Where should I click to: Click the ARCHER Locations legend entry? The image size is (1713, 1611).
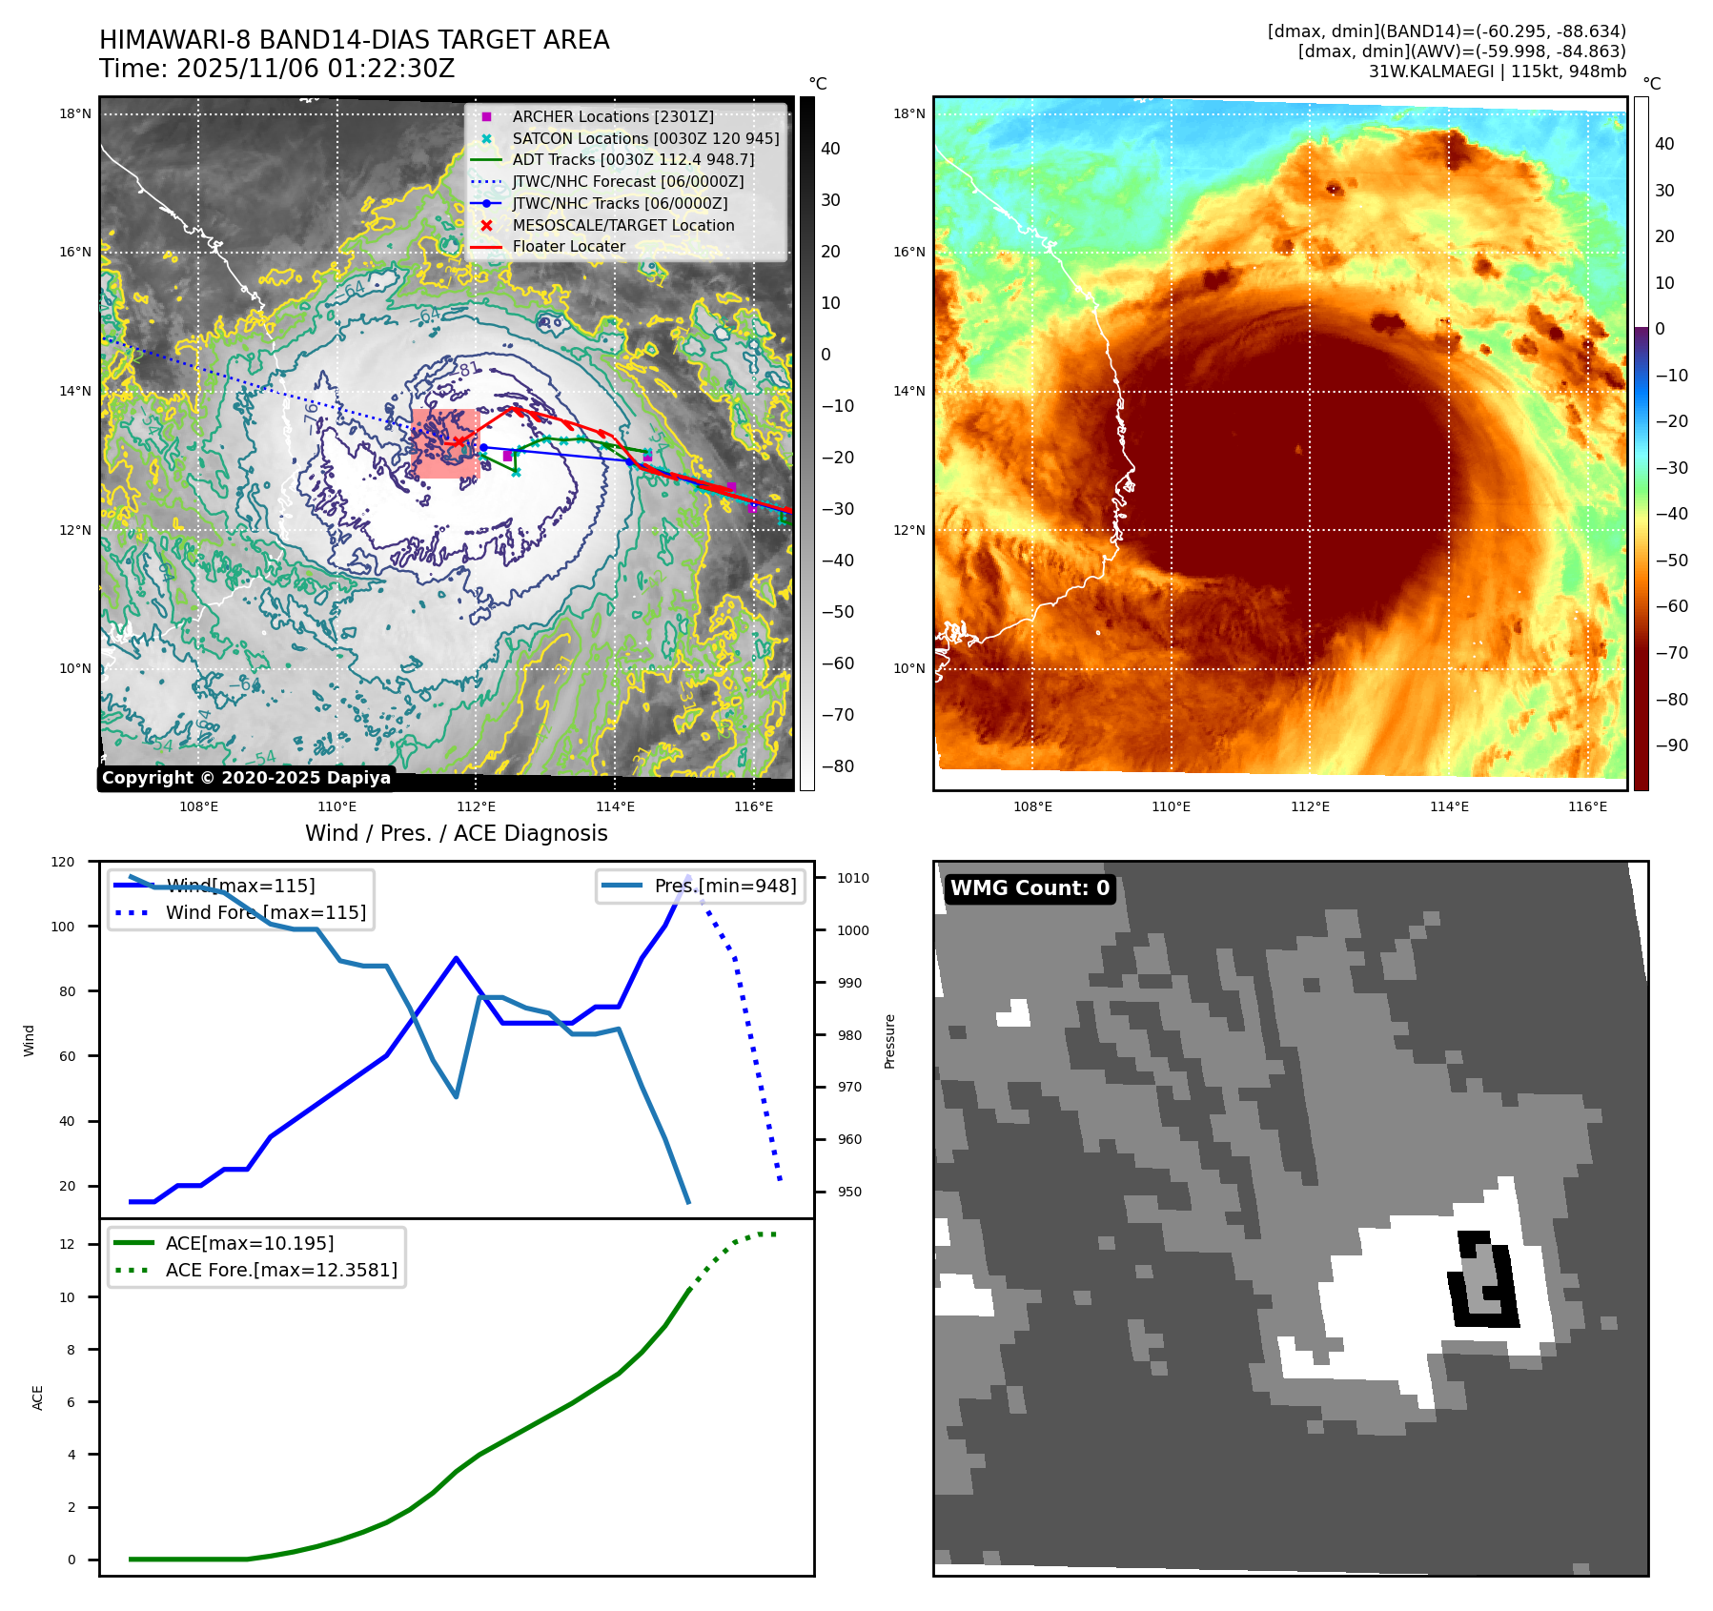click(612, 116)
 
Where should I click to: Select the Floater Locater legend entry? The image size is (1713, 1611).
click(568, 246)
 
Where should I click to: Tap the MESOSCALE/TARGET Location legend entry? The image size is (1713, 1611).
click(622, 225)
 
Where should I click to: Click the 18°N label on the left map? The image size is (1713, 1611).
click(75, 113)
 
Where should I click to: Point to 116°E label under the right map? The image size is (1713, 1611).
click(1587, 806)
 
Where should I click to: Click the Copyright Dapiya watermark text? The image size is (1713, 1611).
click(246, 778)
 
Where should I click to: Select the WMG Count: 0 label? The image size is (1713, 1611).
click(1030, 888)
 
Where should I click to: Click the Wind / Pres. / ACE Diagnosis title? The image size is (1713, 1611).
click(456, 833)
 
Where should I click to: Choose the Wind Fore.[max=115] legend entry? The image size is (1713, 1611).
click(265, 912)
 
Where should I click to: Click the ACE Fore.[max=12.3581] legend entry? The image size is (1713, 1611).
click(280, 1270)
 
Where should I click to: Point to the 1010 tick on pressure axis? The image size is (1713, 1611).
click(853, 878)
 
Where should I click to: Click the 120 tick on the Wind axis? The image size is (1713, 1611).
click(63, 862)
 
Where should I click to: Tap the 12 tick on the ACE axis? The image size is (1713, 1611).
click(67, 1244)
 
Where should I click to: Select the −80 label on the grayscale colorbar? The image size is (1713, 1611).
click(838, 766)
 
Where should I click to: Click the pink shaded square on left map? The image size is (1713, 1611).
click(445, 443)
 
